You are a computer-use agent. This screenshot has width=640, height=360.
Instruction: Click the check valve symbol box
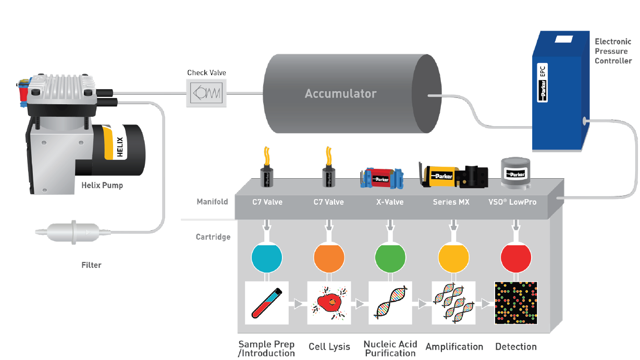click(207, 94)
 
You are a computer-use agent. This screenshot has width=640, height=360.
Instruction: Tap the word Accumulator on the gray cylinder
click(340, 94)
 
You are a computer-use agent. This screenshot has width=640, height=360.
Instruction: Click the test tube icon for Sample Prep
click(267, 303)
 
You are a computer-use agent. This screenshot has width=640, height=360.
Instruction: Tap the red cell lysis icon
click(329, 303)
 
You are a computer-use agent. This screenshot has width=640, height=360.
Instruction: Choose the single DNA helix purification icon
click(390, 303)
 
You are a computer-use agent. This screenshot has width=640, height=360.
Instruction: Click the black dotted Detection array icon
click(516, 303)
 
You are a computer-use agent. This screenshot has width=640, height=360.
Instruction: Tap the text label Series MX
click(451, 202)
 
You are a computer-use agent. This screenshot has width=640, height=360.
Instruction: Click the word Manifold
click(212, 202)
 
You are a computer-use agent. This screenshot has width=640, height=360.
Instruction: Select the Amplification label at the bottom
click(454, 347)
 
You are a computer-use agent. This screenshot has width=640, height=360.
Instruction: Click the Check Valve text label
click(207, 73)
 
